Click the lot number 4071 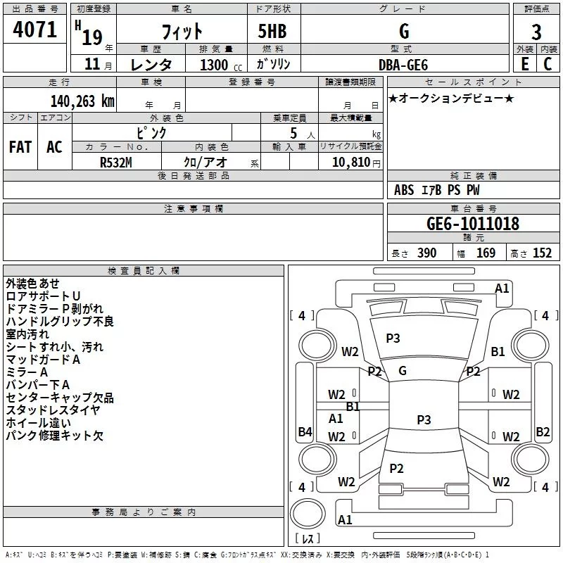(34, 30)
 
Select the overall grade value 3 (536, 32)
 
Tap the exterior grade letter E (524, 64)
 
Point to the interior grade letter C (548, 64)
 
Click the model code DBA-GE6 (403, 65)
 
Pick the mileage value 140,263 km (82, 101)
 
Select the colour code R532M (116, 163)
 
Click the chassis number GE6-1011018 (473, 223)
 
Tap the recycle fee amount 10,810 (350, 162)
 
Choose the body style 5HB (272, 31)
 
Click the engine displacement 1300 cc (221, 65)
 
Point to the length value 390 (427, 253)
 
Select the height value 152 (542, 253)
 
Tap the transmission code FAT (20, 147)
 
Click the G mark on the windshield (403, 371)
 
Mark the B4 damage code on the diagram (305, 431)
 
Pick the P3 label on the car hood (393, 338)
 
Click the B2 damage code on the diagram (543, 431)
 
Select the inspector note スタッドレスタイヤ (53, 410)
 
